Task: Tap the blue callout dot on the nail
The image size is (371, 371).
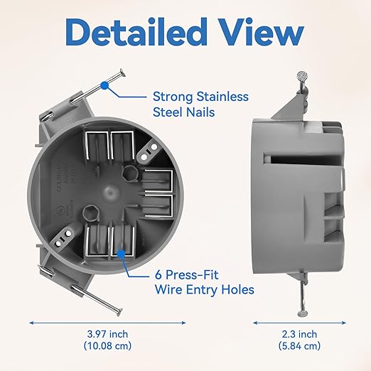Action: tap(105, 85)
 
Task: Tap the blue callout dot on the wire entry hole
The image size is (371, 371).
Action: tap(122, 252)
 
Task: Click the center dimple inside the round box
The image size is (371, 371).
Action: tap(106, 192)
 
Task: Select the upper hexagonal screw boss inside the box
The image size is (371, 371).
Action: tap(129, 173)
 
